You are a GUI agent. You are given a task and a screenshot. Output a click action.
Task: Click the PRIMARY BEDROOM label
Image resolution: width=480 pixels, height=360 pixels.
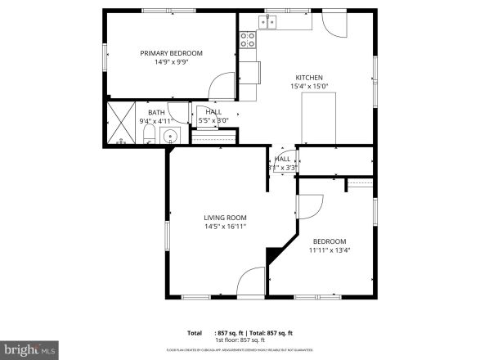[171, 53]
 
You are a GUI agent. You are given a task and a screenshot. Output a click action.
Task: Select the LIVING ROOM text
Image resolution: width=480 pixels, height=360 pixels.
[225, 218]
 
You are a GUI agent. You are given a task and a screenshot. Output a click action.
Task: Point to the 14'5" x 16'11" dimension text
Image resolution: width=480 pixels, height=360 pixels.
[225, 227]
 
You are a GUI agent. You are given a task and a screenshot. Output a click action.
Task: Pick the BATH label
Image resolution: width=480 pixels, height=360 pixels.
[155, 113]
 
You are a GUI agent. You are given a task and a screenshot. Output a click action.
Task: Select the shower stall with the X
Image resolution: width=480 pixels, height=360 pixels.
[122, 121]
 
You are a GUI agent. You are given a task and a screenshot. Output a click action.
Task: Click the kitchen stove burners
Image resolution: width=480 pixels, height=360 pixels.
[248, 37]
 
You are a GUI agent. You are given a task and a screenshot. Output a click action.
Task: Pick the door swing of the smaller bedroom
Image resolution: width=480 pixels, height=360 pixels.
[311, 209]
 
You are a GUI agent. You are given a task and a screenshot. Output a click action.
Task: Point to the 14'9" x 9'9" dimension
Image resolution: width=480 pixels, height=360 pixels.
[171, 62]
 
